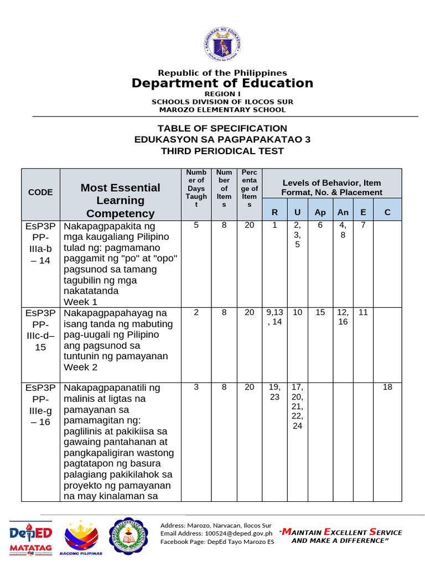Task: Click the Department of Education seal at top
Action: (x=222, y=45)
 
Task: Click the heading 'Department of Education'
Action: (x=222, y=83)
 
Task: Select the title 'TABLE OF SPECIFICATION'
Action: (x=222, y=128)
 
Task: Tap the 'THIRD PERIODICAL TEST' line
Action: (x=222, y=151)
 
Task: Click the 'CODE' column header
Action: (x=40, y=192)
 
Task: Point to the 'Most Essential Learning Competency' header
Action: (x=120, y=200)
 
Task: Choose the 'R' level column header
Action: (x=274, y=212)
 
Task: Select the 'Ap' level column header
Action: (x=320, y=212)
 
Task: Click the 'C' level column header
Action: (x=387, y=212)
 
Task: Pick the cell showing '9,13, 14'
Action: (x=274, y=317)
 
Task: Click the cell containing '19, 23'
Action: (x=274, y=392)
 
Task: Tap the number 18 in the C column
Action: (x=387, y=387)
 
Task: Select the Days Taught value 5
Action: (x=196, y=225)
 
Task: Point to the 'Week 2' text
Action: (x=81, y=367)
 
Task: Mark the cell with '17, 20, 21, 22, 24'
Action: (x=297, y=406)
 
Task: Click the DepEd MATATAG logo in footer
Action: (x=31, y=537)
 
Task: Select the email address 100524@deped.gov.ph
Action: (x=216, y=533)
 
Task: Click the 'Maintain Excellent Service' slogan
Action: (x=341, y=536)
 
